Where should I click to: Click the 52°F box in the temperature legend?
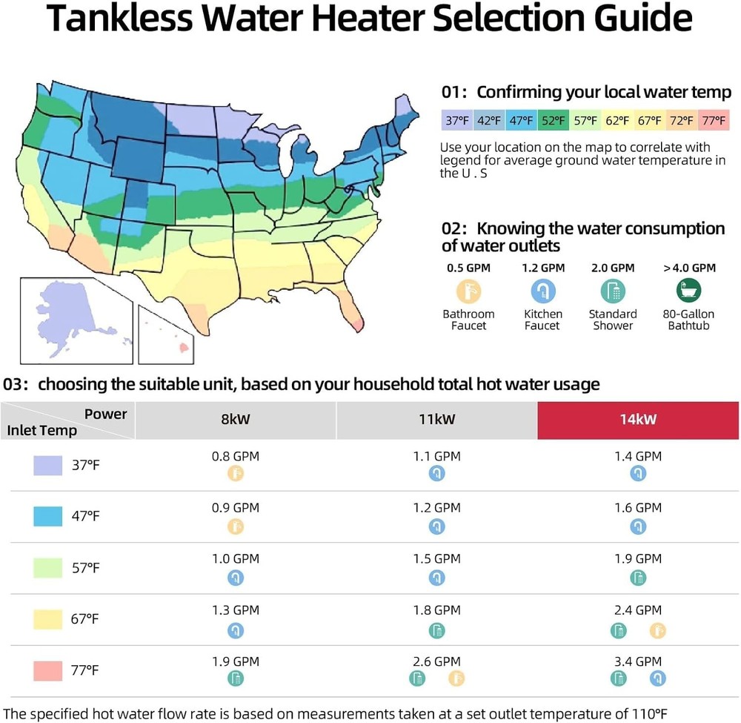coord(552,119)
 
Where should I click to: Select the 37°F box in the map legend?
coord(456,119)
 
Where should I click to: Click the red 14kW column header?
coord(638,420)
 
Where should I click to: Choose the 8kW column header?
coord(236,420)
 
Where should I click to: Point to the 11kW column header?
coord(436,420)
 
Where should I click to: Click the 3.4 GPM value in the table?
coord(638,661)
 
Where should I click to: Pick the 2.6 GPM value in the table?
coord(436,661)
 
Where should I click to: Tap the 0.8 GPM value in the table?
coord(236,457)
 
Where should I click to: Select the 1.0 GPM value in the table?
coord(236,559)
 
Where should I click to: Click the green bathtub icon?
coord(689,290)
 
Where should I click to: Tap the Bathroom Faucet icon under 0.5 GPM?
coord(468,290)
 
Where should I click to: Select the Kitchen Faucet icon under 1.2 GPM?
coord(543,290)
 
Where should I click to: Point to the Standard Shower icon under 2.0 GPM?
coord(613,290)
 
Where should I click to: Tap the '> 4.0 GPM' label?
coord(689,268)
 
